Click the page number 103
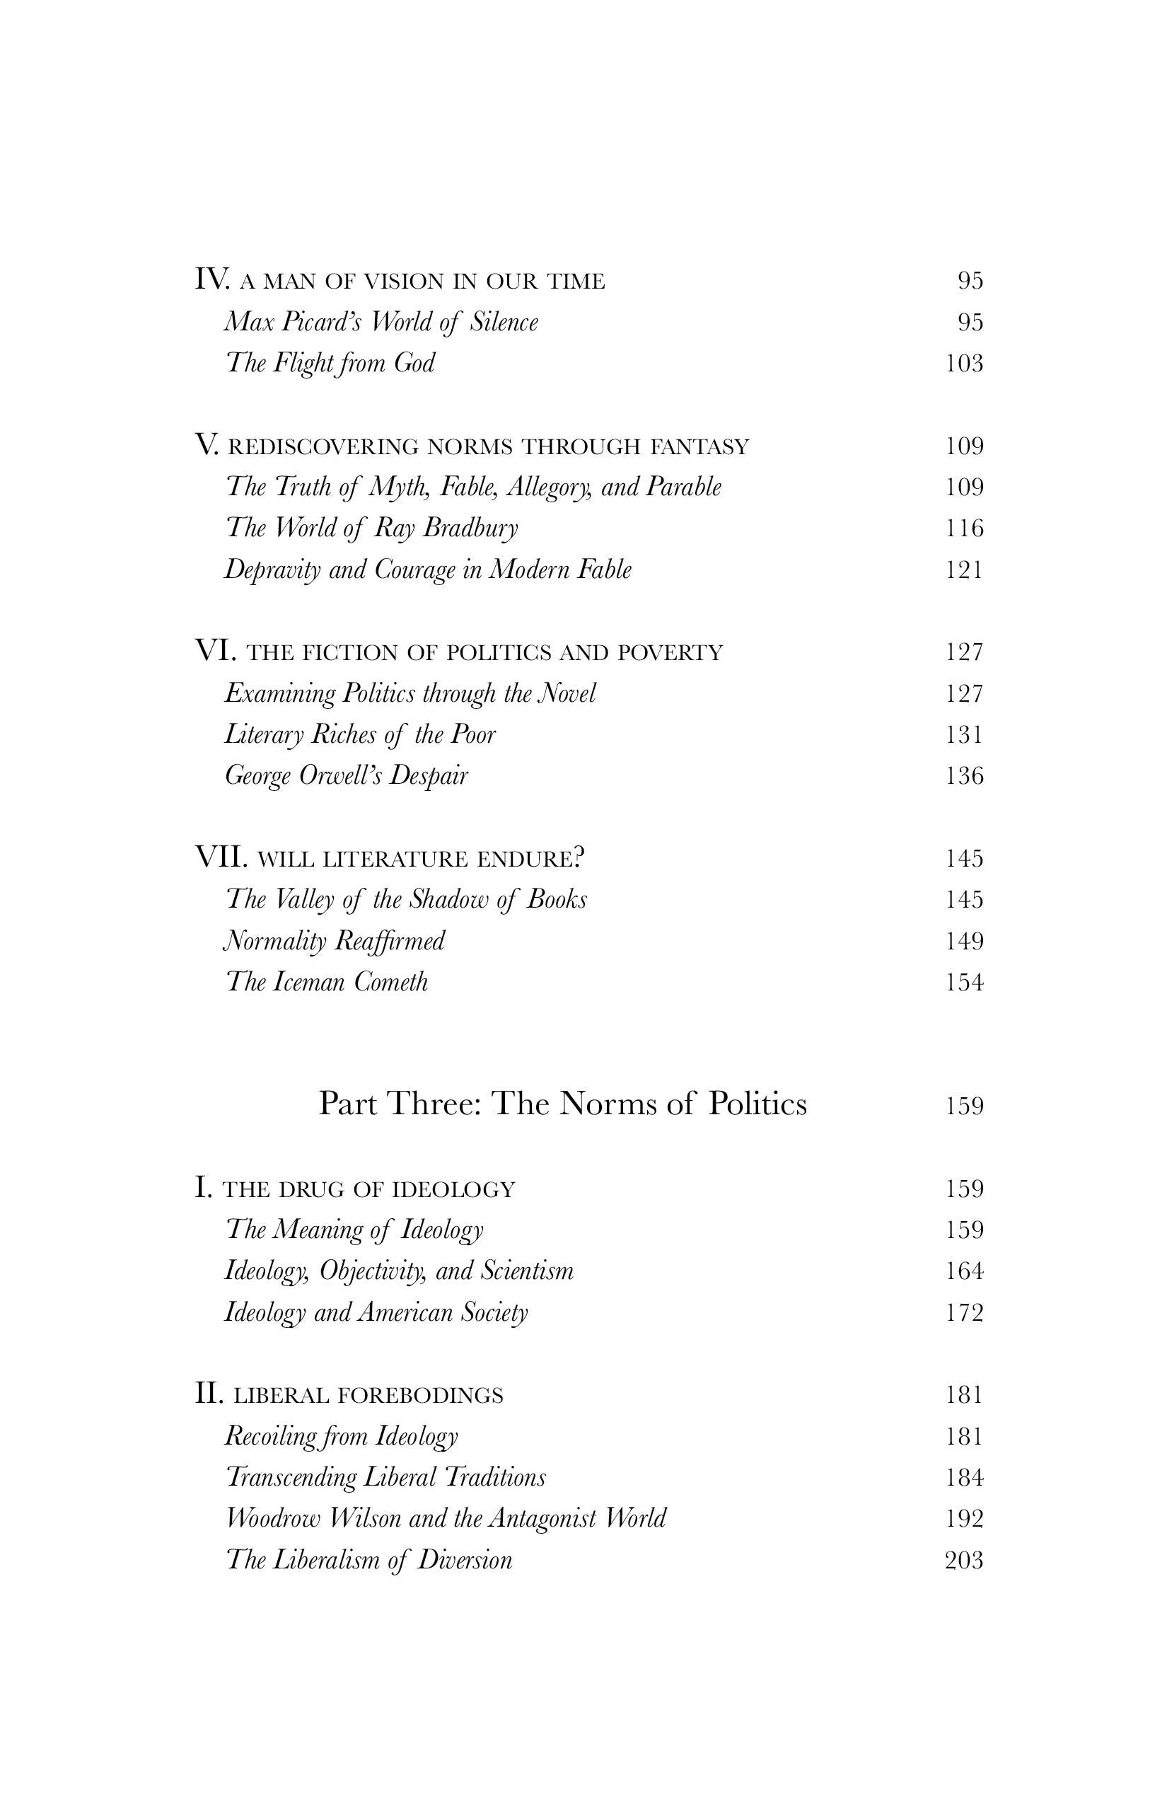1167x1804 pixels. (964, 364)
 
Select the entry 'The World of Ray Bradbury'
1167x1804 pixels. (371, 528)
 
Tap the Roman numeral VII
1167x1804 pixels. (221, 857)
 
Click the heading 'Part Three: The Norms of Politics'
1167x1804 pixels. (562, 1104)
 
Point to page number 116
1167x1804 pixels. (964, 528)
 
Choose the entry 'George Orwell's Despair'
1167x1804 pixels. (347, 776)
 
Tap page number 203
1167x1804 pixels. (964, 1561)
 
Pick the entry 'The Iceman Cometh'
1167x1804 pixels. (327, 983)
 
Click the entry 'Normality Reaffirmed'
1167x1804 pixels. (334, 942)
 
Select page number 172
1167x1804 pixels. (964, 1313)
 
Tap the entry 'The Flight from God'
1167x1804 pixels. (330, 364)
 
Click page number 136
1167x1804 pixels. (964, 776)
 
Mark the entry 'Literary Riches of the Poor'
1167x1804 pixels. (360, 734)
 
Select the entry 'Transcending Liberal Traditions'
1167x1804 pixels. (385, 1478)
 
